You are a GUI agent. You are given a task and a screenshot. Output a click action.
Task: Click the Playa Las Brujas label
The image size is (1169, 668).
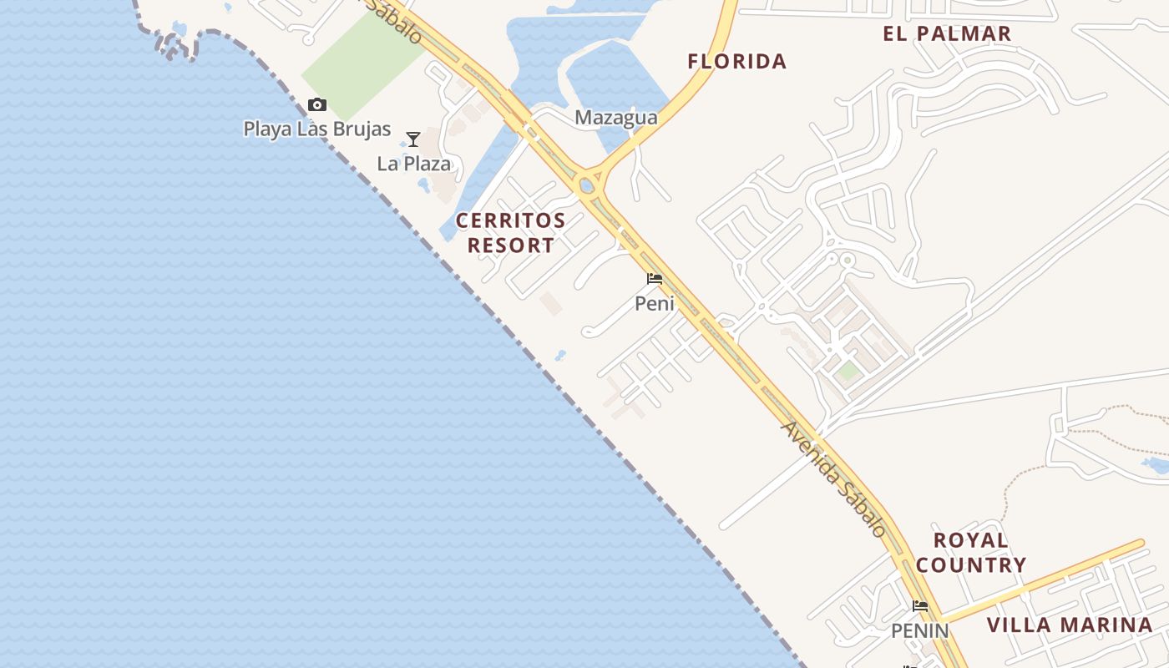click(317, 129)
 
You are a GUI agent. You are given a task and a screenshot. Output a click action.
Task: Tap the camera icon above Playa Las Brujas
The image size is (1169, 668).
click(316, 105)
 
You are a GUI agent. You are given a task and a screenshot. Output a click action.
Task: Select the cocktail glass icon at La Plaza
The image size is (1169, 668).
click(412, 139)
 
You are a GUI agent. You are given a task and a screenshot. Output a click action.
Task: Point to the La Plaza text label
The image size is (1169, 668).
click(414, 164)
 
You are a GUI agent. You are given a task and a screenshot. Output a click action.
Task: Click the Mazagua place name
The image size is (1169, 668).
click(616, 119)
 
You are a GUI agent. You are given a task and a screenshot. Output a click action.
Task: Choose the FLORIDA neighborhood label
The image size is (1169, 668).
click(737, 61)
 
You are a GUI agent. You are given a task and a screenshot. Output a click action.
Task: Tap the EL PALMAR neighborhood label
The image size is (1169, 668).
click(947, 34)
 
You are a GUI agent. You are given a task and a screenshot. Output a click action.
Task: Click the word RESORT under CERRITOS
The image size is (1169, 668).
click(510, 245)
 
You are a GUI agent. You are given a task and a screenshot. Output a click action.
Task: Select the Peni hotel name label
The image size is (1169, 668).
click(655, 304)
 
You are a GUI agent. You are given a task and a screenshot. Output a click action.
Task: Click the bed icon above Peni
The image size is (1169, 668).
click(655, 279)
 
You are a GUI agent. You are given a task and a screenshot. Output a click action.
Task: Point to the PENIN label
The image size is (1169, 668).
click(920, 630)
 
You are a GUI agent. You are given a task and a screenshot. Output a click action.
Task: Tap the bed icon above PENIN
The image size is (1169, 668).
click(920, 606)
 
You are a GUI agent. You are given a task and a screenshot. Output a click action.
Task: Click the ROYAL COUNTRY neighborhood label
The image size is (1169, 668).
click(971, 553)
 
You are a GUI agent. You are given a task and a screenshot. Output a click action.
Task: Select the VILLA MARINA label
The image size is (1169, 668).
click(1070, 625)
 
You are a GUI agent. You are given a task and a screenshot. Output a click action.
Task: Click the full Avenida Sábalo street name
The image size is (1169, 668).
click(833, 479)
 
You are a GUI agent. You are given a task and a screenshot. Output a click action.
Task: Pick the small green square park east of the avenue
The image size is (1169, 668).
click(848, 371)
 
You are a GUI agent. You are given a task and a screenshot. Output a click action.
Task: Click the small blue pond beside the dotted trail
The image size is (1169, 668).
click(1155, 465)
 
